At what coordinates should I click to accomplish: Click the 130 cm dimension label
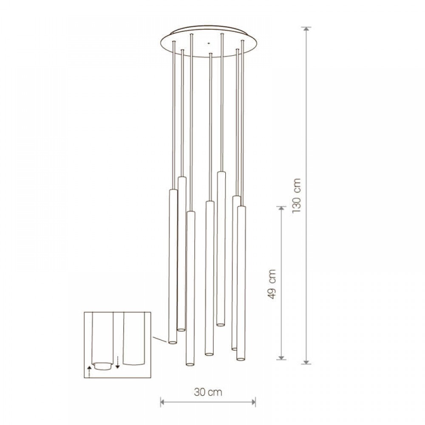point(297,195)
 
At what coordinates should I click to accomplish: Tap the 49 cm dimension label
point(272,284)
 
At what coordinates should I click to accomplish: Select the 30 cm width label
point(208,392)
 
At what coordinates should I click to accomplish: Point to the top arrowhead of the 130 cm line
point(306,29)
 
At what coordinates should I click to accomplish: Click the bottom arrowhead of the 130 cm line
point(306,362)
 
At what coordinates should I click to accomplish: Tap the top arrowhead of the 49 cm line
point(281,209)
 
